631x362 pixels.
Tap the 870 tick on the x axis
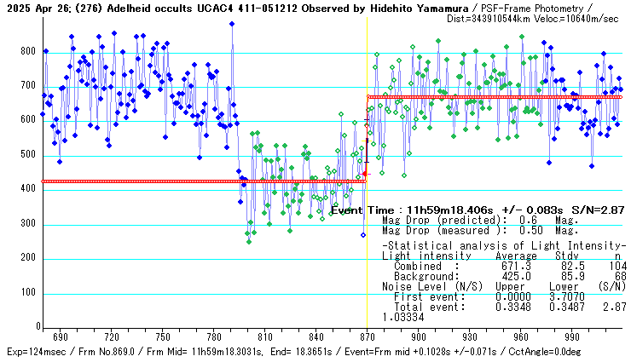[367, 336]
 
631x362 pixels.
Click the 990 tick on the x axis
[571, 336]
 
